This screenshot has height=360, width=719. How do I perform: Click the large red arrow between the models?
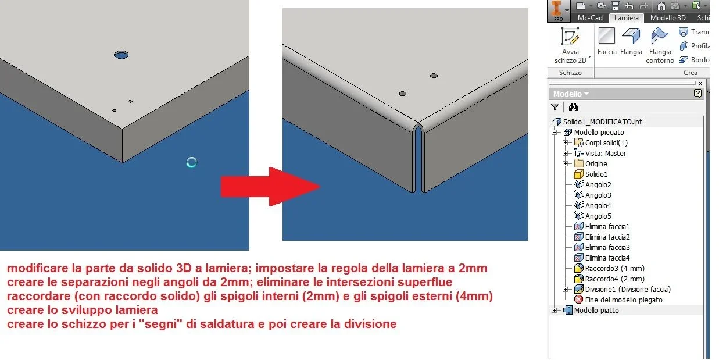pyautogui.click(x=270, y=187)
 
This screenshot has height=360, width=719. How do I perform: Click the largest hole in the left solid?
pyautogui.click(x=121, y=55)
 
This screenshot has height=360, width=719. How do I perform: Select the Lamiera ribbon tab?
pyautogui.click(x=626, y=18)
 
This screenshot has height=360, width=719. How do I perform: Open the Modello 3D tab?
pyautogui.click(x=668, y=18)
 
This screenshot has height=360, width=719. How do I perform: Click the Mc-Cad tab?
pyautogui.click(x=590, y=18)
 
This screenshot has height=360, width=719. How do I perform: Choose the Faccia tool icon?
pyautogui.click(x=607, y=35)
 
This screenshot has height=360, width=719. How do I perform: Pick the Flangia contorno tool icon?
pyautogui.click(x=660, y=35)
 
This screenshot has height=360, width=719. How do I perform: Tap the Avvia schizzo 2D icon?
pyautogui.click(x=570, y=36)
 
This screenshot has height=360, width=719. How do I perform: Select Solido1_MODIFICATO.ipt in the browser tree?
pyautogui.click(x=603, y=122)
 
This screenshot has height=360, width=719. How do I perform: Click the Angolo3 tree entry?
pyautogui.click(x=598, y=195)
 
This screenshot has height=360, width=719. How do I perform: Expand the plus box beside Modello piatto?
pyautogui.click(x=555, y=310)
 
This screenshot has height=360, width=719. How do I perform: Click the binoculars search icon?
pyautogui.click(x=573, y=107)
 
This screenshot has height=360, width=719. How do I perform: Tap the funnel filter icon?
pyautogui.click(x=555, y=107)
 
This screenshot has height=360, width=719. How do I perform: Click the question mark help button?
pyautogui.click(x=697, y=94)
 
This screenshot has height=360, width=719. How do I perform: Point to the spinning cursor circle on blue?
pyautogui.click(x=192, y=162)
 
